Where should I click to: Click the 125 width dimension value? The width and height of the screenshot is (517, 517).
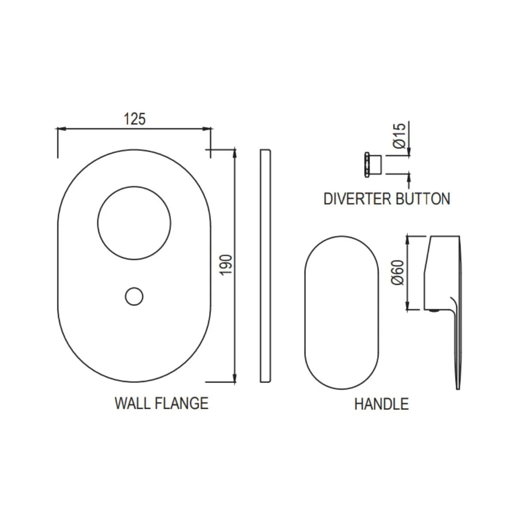[135, 119]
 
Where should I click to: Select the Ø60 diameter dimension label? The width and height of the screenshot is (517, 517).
[398, 272]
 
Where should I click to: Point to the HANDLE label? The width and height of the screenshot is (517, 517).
[381, 404]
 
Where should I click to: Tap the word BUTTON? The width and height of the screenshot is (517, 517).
[423, 198]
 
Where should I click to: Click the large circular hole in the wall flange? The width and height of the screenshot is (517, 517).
[134, 222]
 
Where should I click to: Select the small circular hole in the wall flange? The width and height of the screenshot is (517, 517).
[134, 296]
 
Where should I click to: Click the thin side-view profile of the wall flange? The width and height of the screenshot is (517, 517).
[266, 266]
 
